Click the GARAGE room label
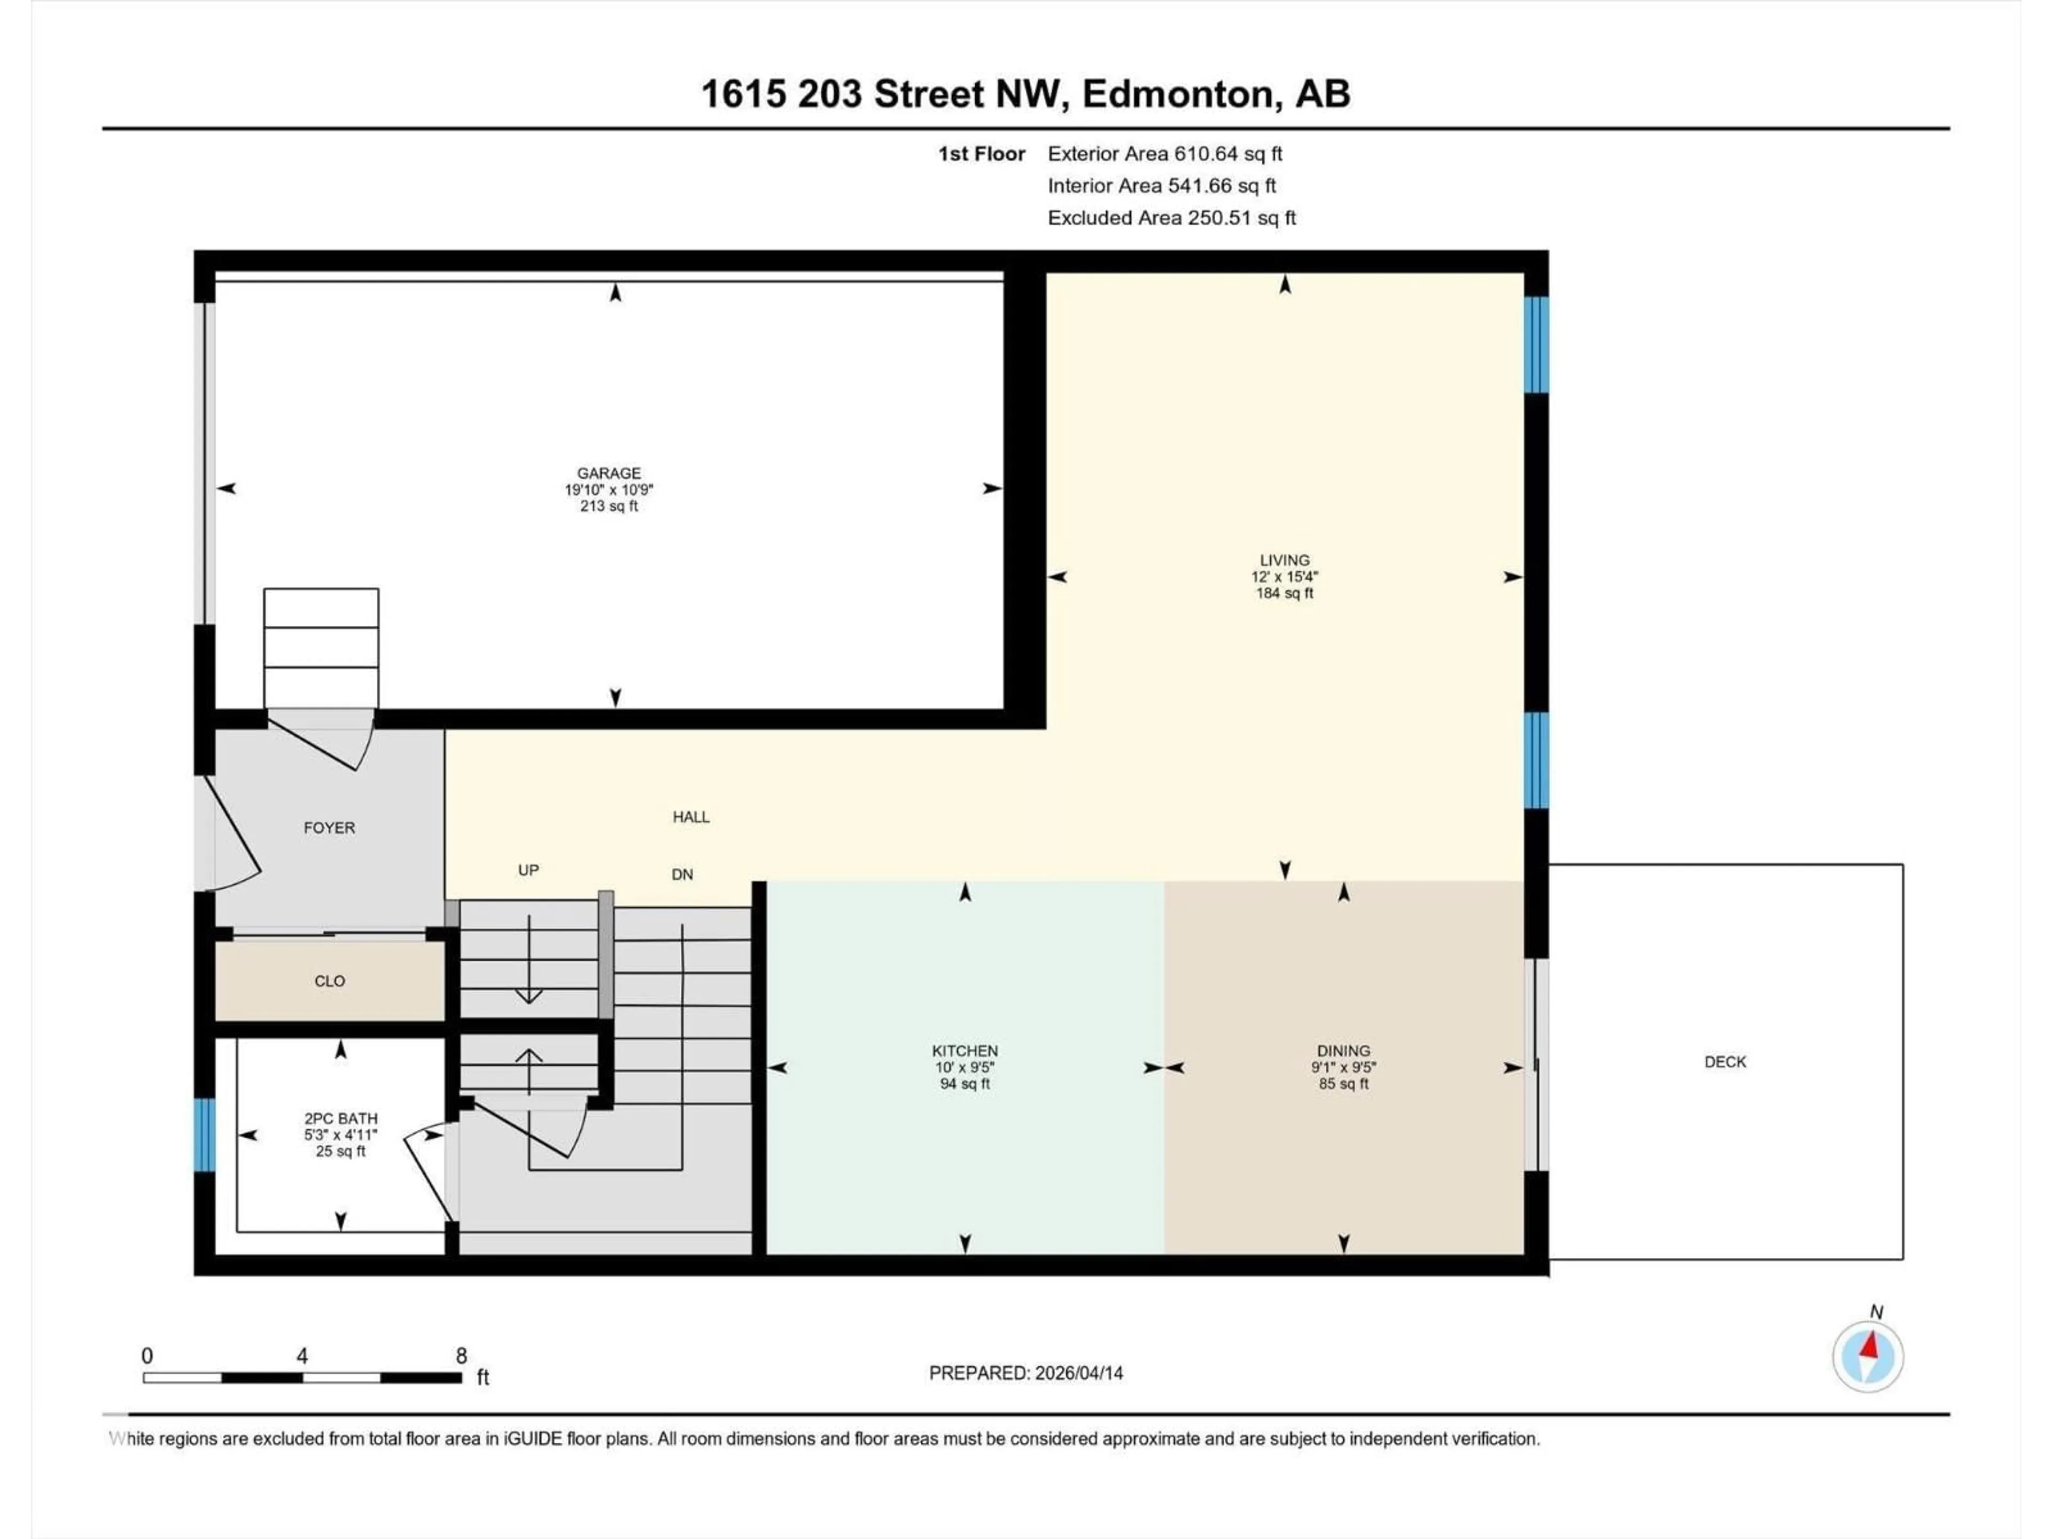point(609,473)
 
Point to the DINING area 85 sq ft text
point(1343,1084)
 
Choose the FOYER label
point(329,827)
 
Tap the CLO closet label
point(329,981)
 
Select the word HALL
point(691,817)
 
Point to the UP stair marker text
point(528,870)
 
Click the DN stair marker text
point(682,874)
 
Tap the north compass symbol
point(1868,1356)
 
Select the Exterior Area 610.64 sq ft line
point(1164,154)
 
